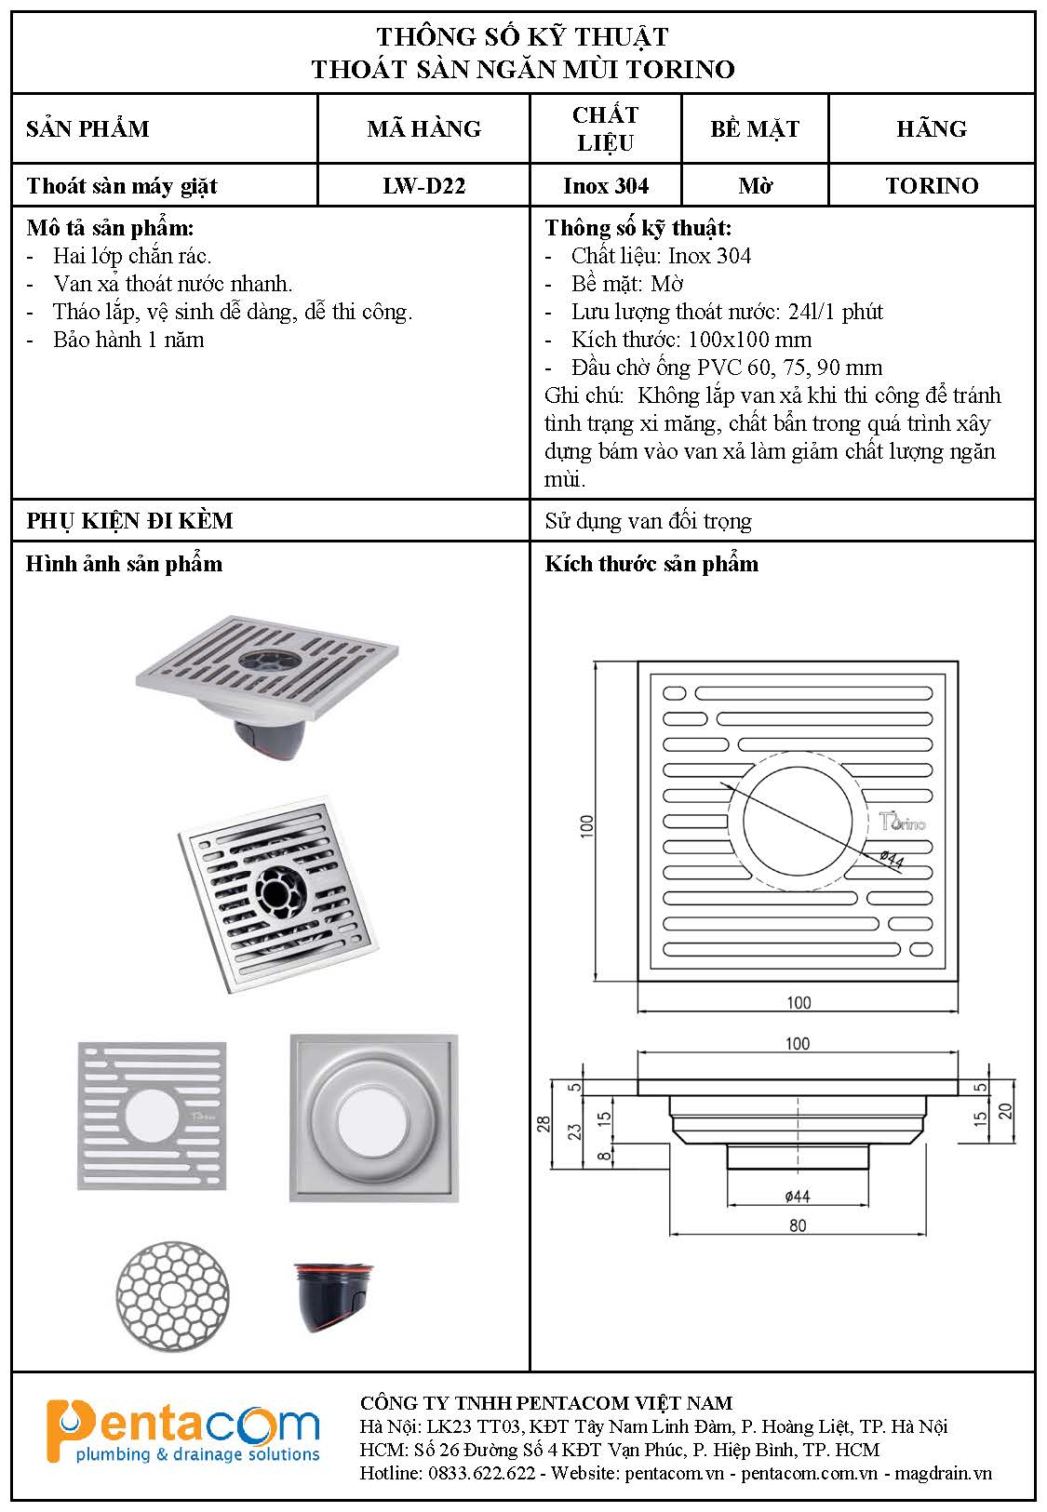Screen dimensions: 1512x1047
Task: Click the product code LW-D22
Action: pos(423,186)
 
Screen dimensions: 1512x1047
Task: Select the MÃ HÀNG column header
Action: pos(423,128)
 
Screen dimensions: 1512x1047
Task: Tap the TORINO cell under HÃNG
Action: pos(932,186)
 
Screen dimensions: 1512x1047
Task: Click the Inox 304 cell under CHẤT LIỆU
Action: pos(606,186)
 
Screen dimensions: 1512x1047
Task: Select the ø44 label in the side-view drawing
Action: pos(798,1197)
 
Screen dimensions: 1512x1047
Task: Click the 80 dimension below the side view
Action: pos(798,1226)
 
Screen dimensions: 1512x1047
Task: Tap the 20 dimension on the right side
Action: pos(1004,1110)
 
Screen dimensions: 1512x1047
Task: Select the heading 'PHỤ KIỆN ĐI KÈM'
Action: pos(129,521)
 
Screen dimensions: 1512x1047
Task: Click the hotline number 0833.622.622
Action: pos(481,1474)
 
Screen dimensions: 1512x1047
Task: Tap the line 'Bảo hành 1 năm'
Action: pos(128,340)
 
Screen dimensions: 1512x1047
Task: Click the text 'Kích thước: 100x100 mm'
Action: pos(691,340)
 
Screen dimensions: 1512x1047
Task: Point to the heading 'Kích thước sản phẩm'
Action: pos(651,564)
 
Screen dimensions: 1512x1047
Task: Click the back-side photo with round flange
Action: pos(373,1117)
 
